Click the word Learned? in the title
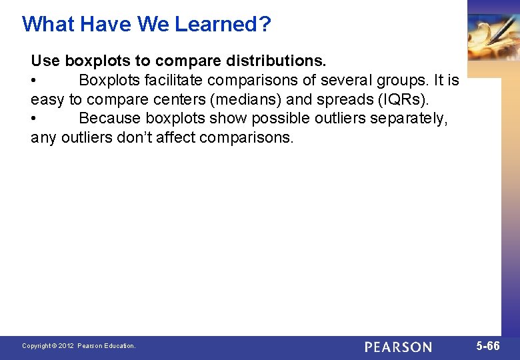(223, 24)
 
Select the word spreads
(337, 100)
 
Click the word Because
(109, 119)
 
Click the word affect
(178, 138)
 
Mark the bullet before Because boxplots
(34, 119)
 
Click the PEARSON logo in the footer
(399, 347)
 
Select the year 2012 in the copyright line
(65, 346)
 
